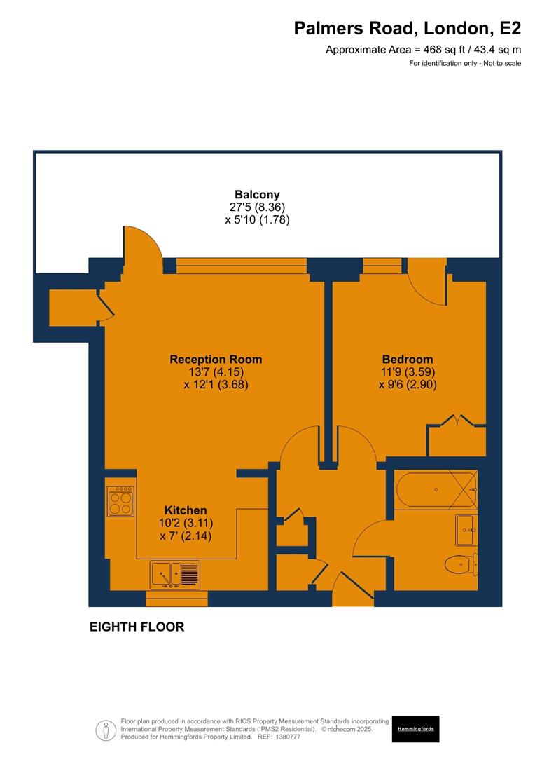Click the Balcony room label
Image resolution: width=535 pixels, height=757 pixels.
(x=257, y=195)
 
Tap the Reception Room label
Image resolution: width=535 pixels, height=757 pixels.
(x=216, y=360)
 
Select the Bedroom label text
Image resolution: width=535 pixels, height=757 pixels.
(x=407, y=360)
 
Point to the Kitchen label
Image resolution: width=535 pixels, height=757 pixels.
(x=186, y=510)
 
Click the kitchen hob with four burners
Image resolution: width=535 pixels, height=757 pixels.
(x=120, y=502)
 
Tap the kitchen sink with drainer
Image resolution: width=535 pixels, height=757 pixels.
(x=175, y=575)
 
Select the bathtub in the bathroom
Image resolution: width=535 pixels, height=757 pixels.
(x=436, y=490)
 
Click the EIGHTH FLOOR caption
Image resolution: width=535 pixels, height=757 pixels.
(x=137, y=627)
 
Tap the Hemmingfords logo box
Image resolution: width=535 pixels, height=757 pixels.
(x=415, y=729)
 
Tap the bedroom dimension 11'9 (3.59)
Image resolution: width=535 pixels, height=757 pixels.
(x=407, y=372)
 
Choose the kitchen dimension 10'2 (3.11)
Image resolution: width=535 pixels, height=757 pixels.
(x=186, y=523)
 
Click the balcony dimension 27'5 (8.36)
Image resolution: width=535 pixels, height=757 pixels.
(x=257, y=207)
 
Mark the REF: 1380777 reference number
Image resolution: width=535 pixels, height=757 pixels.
(x=281, y=737)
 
